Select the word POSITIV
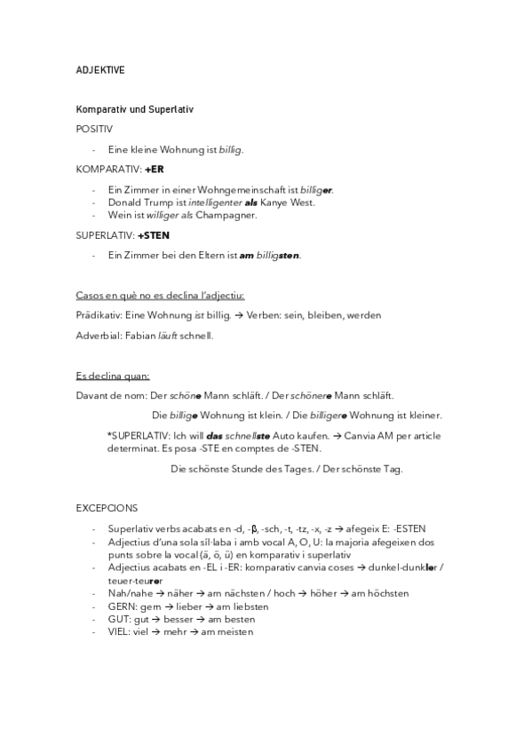tap(94, 129)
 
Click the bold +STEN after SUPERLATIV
tap(153, 235)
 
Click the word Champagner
tap(228, 214)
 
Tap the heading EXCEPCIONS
tap(107, 508)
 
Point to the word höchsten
tap(361, 593)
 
